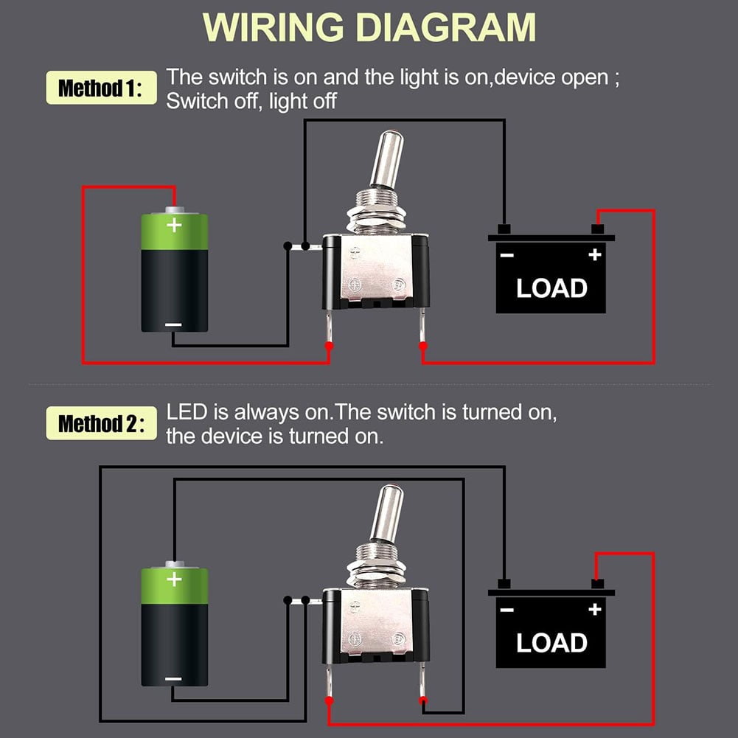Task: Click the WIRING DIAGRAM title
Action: click(369, 27)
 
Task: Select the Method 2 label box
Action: click(101, 424)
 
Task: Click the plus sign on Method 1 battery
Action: click(174, 225)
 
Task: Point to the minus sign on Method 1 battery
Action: click(174, 324)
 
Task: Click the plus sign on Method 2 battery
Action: click(174, 579)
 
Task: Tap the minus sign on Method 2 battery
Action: click(174, 679)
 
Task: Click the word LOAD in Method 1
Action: click(551, 288)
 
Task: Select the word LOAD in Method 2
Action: click(551, 642)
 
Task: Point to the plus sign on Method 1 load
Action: click(595, 255)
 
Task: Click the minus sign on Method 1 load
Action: click(506, 255)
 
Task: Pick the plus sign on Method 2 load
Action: click(595, 610)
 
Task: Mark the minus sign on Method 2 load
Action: click(506, 610)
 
